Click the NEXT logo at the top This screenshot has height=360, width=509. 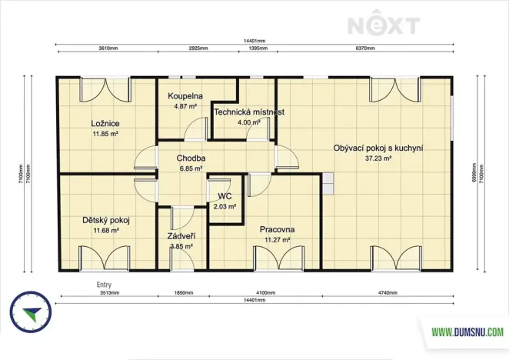[384, 25]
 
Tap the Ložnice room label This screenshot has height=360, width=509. [105, 124]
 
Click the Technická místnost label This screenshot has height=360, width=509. [249, 112]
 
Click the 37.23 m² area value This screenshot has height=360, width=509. [378, 158]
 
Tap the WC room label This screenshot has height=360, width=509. [225, 196]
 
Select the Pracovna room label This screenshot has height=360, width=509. [277, 229]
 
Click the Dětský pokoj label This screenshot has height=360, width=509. [105, 220]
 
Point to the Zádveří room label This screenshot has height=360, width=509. [181, 236]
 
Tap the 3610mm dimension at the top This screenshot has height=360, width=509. [108, 48]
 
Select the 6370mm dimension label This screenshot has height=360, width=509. [364, 48]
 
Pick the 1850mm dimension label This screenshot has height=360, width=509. [182, 292]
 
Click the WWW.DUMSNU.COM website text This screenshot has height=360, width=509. [467, 332]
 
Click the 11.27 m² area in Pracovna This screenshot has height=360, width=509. [277, 239]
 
